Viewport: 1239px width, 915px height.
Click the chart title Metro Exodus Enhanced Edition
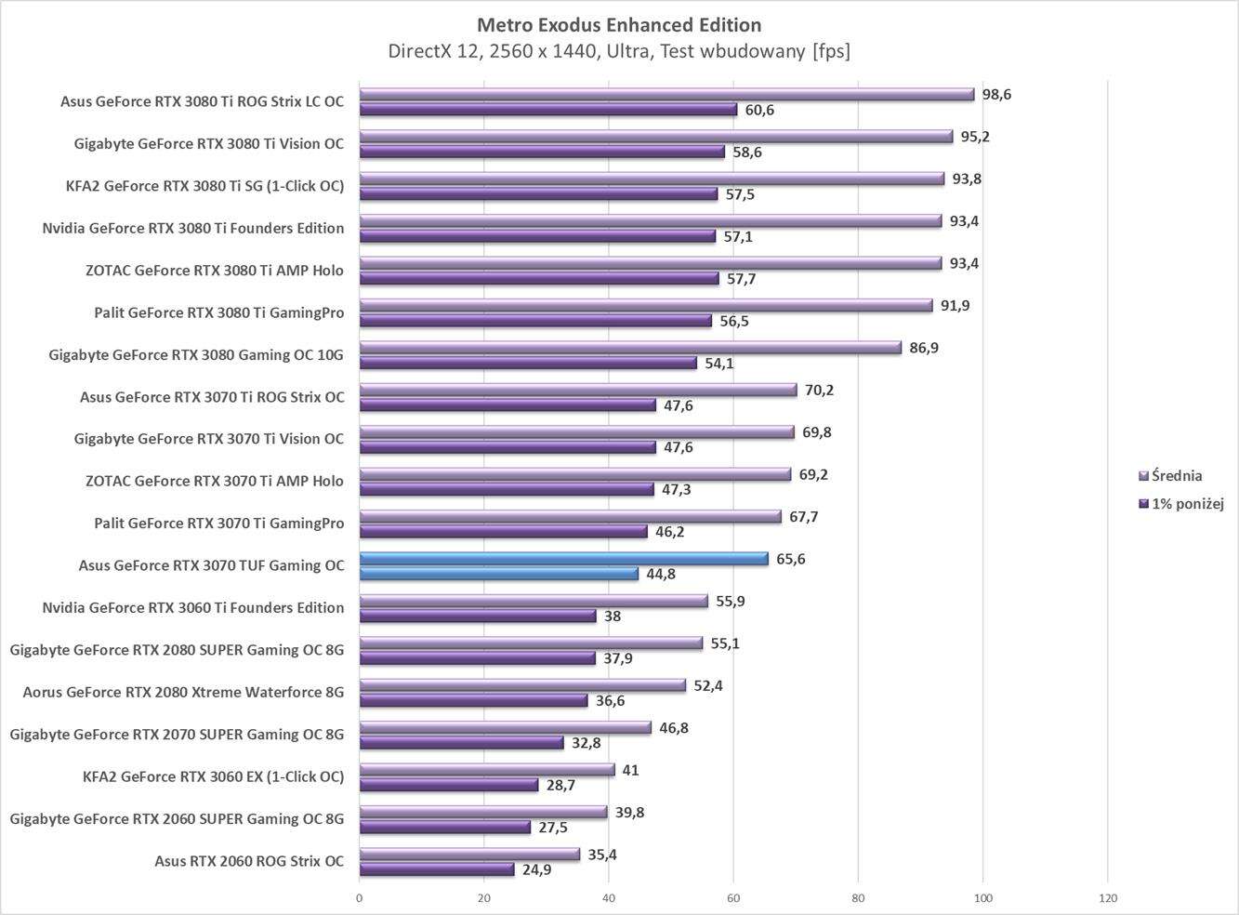618,25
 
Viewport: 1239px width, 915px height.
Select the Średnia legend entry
1176,476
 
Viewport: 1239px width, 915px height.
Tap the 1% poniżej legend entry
1186,504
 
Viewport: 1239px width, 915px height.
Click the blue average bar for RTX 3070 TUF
563,559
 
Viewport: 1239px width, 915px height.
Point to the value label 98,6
996,95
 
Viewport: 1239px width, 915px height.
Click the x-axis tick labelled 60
733,898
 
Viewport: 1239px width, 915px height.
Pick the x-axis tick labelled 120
1107,898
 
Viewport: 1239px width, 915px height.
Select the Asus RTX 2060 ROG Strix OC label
249,861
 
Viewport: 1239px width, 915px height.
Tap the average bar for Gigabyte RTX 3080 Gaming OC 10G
630,348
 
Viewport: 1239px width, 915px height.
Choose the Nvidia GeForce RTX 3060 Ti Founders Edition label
193,608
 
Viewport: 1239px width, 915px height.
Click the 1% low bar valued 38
478,616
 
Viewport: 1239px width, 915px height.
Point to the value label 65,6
790,559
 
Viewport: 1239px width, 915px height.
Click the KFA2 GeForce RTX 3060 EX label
213,776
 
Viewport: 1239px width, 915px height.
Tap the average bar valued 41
487,770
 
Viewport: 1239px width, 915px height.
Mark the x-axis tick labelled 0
360,898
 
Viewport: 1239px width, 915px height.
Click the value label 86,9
925,348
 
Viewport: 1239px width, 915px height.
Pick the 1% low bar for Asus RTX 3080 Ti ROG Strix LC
548,110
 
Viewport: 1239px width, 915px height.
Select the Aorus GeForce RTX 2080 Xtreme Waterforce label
183,692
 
